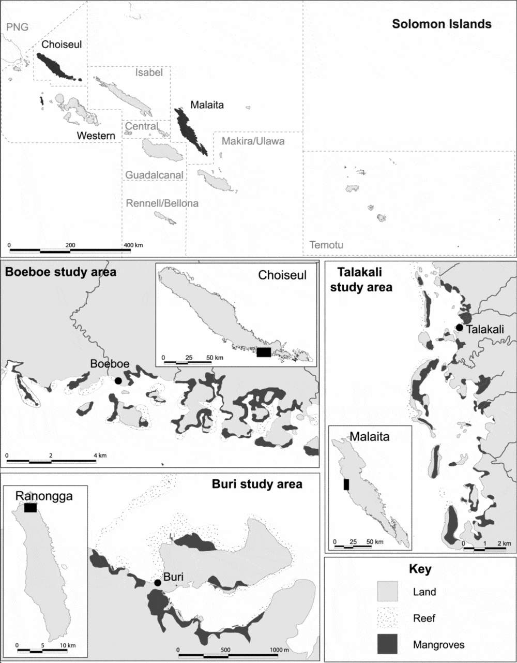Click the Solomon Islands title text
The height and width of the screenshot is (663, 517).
(442, 24)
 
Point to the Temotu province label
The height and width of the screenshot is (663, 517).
(326, 245)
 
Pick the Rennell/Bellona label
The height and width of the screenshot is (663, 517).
(162, 203)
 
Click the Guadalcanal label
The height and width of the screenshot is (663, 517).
(154, 175)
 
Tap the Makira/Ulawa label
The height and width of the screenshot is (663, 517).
(253, 141)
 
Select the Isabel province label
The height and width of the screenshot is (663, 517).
(149, 72)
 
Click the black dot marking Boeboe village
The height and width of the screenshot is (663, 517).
(118, 380)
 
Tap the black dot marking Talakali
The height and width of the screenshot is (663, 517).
(459, 328)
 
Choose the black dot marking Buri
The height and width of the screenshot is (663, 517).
(158, 583)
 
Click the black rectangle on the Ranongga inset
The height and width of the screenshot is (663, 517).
(30, 508)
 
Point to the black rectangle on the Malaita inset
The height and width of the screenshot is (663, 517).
(346, 484)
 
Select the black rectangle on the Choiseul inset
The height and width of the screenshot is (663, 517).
(263, 352)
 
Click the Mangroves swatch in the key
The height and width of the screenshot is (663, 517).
(385, 644)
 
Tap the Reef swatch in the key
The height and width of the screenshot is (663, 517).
(385, 618)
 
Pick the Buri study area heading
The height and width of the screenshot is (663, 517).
(257, 484)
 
